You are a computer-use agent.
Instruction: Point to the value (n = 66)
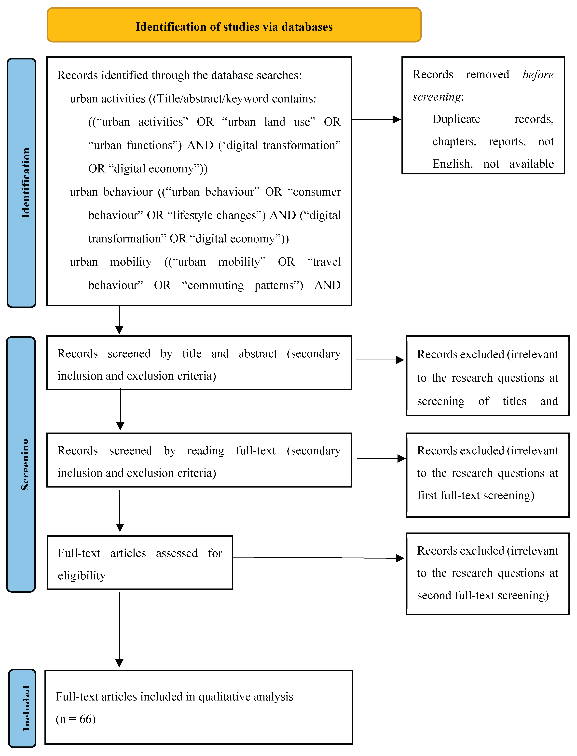76,719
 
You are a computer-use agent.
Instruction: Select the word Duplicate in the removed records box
456,119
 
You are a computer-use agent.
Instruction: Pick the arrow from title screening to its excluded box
380,360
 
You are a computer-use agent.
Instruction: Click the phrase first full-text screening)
476,495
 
